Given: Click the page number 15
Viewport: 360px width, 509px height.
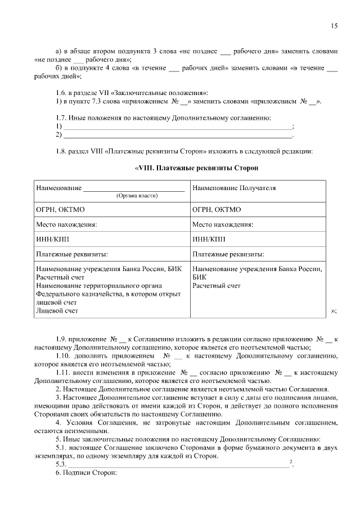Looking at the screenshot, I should (334, 26).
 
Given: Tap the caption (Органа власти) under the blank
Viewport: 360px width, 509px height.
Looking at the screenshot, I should (137, 196).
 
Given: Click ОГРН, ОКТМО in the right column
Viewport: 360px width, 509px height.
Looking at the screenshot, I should (217, 210).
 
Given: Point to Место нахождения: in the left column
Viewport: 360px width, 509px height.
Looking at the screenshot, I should (66, 224).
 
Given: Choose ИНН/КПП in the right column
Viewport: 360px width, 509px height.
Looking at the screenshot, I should (209, 239).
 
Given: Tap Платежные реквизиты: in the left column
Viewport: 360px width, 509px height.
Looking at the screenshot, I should (72, 254).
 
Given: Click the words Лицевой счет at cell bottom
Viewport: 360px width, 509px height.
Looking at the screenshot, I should (57, 310).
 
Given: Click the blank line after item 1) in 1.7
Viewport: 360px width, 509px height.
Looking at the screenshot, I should (178, 127).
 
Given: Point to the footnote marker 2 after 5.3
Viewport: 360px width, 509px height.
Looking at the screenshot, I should (290, 462).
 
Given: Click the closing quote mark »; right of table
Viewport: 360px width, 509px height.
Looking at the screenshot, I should (334, 310).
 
